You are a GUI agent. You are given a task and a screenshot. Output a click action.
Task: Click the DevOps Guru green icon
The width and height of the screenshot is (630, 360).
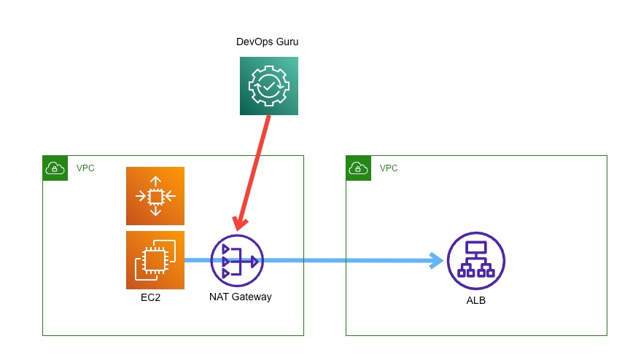click(269, 86)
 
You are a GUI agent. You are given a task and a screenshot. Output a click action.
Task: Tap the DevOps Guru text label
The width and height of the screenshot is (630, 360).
click(267, 42)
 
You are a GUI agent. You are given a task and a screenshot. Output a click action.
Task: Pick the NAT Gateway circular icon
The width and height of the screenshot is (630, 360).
click(237, 261)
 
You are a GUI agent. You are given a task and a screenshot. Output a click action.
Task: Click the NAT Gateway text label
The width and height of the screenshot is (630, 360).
click(240, 297)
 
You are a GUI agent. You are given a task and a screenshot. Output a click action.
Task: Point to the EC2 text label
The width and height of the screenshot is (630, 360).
click(151, 298)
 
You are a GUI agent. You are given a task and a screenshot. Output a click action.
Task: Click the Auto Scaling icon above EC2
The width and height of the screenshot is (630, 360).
click(155, 195)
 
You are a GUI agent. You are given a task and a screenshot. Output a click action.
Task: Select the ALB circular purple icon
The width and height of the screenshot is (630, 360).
click(475, 261)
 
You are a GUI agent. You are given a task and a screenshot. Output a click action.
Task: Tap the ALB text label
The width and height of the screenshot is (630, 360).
click(475, 300)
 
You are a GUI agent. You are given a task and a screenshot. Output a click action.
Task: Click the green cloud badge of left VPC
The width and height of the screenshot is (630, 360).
click(55, 168)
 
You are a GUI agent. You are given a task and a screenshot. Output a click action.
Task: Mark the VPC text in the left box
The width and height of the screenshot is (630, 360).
click(85, 168)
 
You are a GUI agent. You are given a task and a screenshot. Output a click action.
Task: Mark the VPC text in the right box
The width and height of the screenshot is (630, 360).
click(389, 168)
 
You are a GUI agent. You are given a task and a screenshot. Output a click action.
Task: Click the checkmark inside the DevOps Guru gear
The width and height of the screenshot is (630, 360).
click(269, 86)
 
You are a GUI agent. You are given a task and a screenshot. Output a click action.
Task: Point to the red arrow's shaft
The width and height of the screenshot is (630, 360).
click(255, 168)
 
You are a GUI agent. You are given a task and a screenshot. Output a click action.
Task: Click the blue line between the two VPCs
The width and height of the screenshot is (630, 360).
click(324, 260)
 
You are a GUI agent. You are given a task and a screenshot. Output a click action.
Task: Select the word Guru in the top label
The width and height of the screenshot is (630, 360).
click(286, 42)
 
